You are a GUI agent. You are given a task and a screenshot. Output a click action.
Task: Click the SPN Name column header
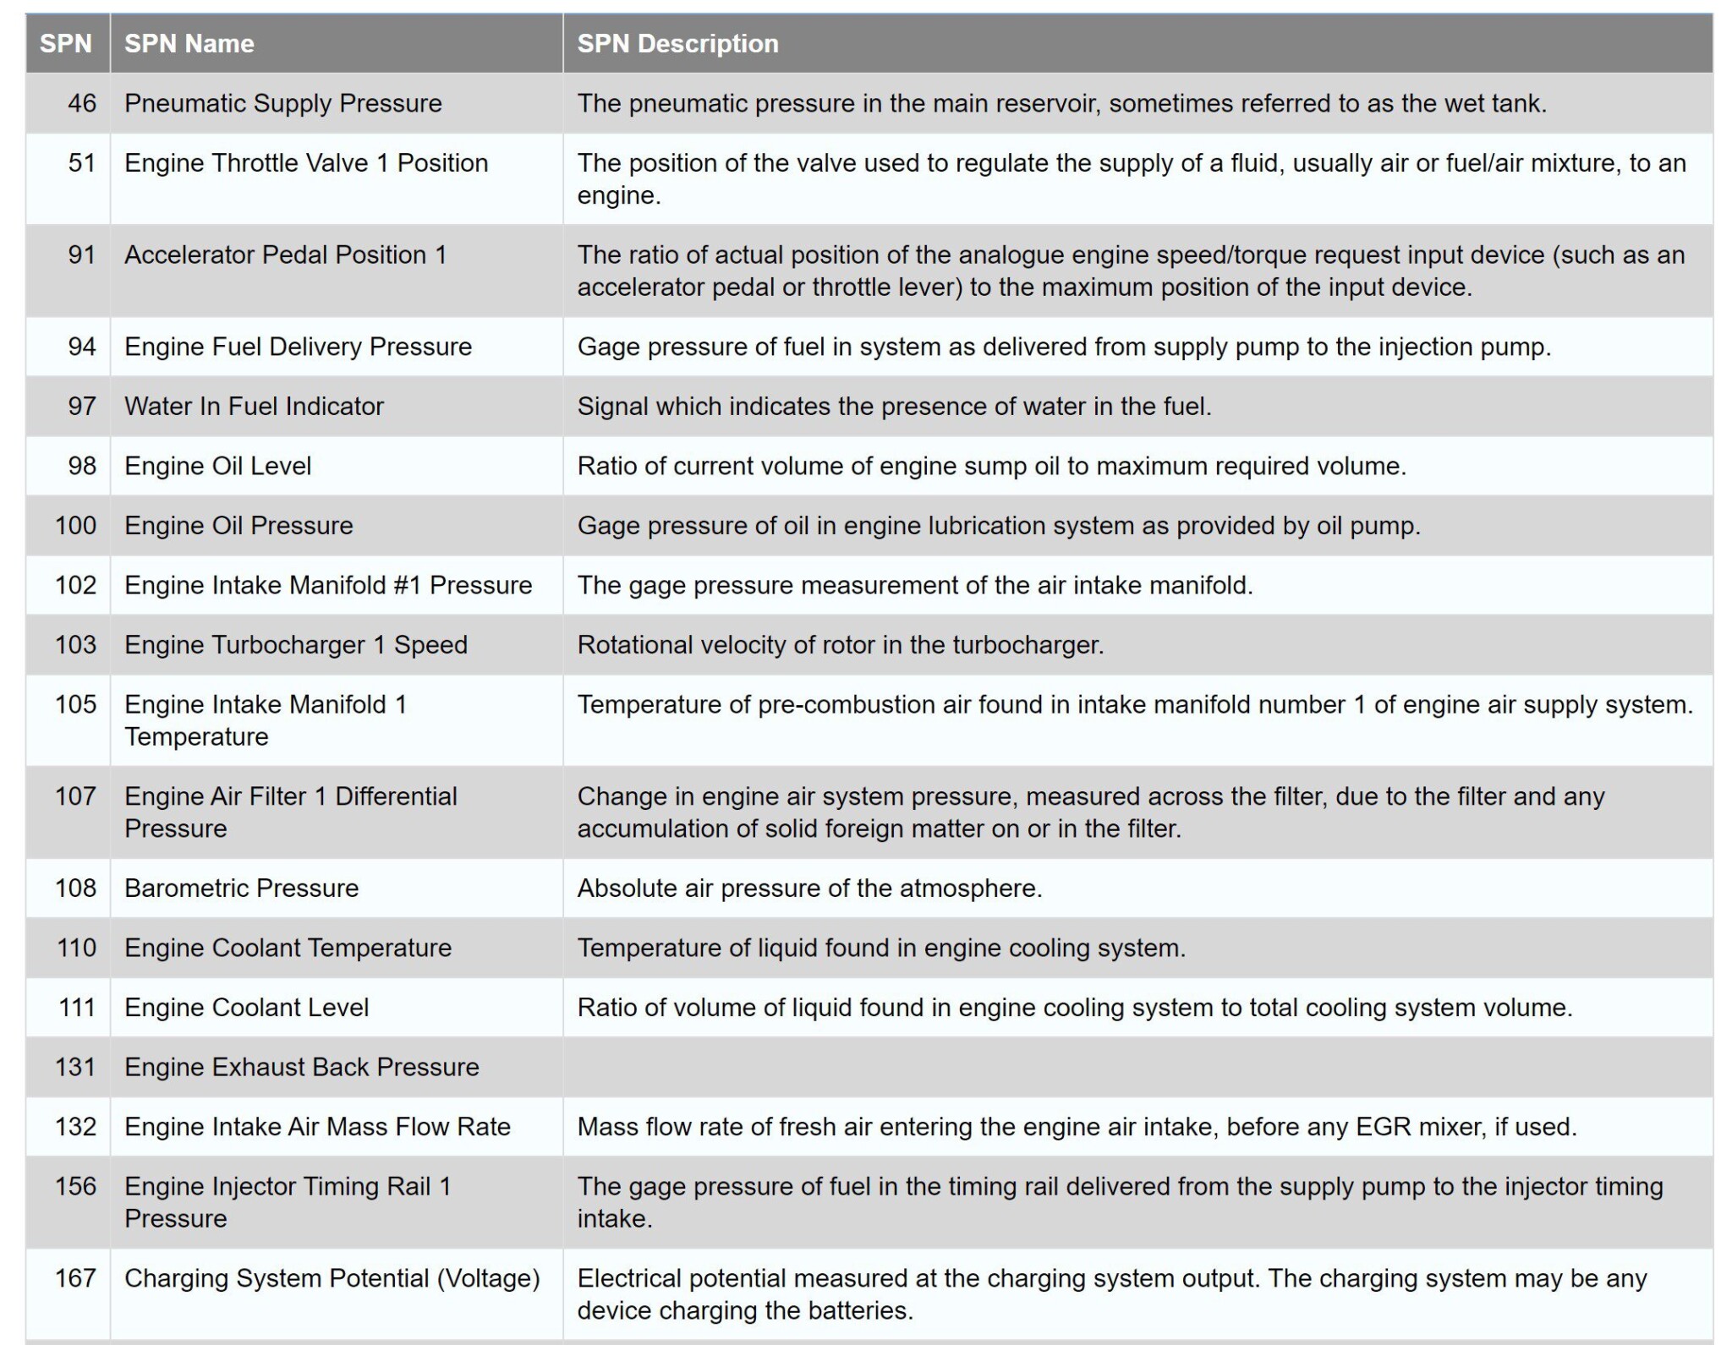coord(189,44)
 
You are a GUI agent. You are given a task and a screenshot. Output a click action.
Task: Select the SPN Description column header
coord(677,44)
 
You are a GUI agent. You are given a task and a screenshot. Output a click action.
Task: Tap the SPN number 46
coord(82,103)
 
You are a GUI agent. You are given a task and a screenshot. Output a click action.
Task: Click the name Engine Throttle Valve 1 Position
coord(306,163)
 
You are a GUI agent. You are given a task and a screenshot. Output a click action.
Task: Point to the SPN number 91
coord(82,254)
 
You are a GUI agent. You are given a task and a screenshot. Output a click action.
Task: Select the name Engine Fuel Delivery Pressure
coord(298,347)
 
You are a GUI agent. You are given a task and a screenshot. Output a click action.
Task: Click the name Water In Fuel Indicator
coord(254,407)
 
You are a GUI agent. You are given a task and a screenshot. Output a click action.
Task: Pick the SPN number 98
coord(82,466)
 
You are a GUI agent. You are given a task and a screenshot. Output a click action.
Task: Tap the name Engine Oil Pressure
coord(238,526)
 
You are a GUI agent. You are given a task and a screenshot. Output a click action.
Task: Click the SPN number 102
coord(76,585)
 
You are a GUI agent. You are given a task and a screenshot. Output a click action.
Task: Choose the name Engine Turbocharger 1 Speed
coord(295,645)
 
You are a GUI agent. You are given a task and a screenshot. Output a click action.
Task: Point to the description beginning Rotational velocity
coord(841,645)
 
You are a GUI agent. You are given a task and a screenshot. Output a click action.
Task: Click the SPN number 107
coord(76,796)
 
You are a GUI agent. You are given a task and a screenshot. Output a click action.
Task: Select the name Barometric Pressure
coord(241,888)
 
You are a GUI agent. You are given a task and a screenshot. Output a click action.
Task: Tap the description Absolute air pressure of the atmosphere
coord(809,888)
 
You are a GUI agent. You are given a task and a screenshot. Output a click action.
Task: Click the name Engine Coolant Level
coord(246,1008)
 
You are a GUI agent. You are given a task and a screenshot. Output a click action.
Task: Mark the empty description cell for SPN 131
coord(1137,1067)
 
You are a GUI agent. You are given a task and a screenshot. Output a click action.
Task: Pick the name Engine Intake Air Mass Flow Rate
coord(317,1127)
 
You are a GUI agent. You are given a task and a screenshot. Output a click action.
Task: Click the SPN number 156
coord(76,1186)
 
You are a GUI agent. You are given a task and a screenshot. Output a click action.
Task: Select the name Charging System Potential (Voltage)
coord(332,1278)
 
